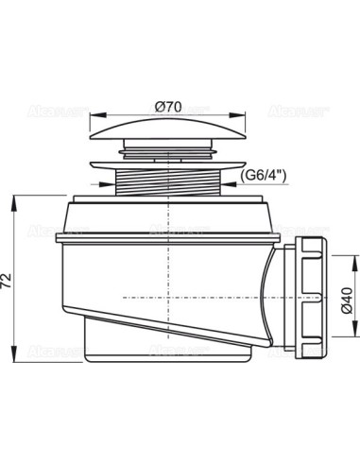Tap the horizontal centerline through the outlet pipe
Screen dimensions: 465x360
tap(189, 297)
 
